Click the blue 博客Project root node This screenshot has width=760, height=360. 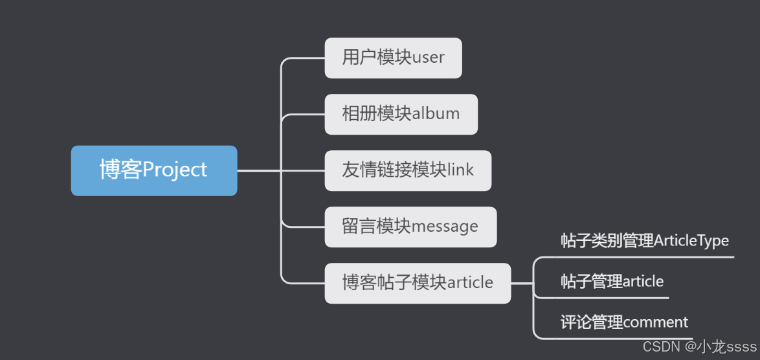(154, 170)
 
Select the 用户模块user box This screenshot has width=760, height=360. (393, 58)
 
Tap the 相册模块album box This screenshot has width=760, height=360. (401, 114)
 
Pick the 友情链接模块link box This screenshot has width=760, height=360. (408, 170)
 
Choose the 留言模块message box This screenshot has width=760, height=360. (410, 227)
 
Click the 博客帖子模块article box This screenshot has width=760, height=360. (418, 283)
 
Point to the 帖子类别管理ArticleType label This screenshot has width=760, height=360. (644, 241)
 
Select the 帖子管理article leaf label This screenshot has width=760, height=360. (612, 281)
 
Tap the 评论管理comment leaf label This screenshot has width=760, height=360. (624, 322)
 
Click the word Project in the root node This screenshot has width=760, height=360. (175, 170)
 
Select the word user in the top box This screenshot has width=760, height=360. (429, 58)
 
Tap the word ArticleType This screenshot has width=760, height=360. (691, 241)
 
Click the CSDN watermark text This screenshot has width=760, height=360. (661, 347)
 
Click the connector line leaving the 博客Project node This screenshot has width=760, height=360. (259, 171)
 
